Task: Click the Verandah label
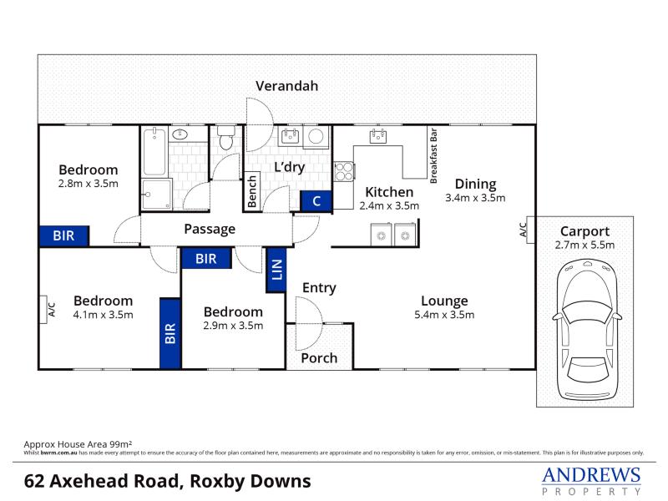[x=286, y=86]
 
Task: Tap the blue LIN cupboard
[x=276, y=270]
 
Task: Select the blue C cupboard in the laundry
[x=316, y=201]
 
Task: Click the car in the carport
[x=587, y=330]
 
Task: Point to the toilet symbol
[x=226, y=137]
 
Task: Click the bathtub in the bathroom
[x=154, y=152]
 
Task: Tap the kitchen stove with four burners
[x=344, y=172]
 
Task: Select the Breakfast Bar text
[x=433, y=156]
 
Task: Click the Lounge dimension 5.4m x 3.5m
[x=444, y=315]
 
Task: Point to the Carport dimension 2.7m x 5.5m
[x=584, y=245]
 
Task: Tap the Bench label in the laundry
[x=252, y=192]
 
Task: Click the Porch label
[x=319, y=358]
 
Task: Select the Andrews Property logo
[x=591, y=481]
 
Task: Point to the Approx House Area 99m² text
[x=78, y=444]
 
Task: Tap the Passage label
[x=210, y=229]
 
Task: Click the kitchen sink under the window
[x=378, y=136]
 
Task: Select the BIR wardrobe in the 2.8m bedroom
[x=64, y=236]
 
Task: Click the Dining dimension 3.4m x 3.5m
[x=475, y=198]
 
